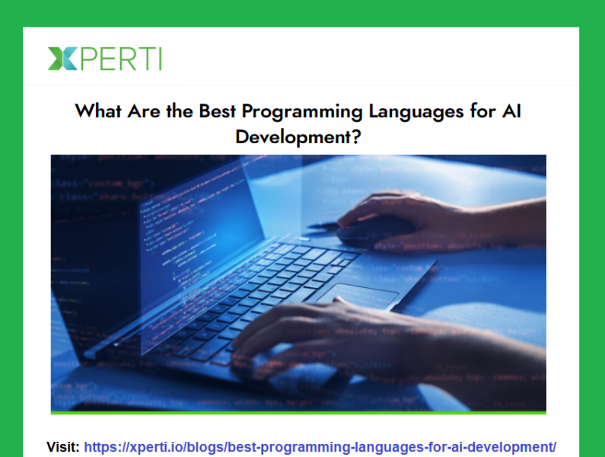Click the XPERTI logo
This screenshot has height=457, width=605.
(105, 59)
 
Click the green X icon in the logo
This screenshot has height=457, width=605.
(62, 59)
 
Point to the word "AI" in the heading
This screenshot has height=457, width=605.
(511, 111)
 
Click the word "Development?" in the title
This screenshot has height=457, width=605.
(302, 137)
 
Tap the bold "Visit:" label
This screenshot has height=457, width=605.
(63, 446)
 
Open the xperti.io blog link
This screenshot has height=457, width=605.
(320, 446)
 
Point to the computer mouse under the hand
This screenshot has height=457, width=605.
(373, 228)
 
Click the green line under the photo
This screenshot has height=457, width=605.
(298, 413)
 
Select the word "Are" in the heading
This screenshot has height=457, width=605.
(145, 111)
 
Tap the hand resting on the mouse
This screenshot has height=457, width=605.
(426, 217)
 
